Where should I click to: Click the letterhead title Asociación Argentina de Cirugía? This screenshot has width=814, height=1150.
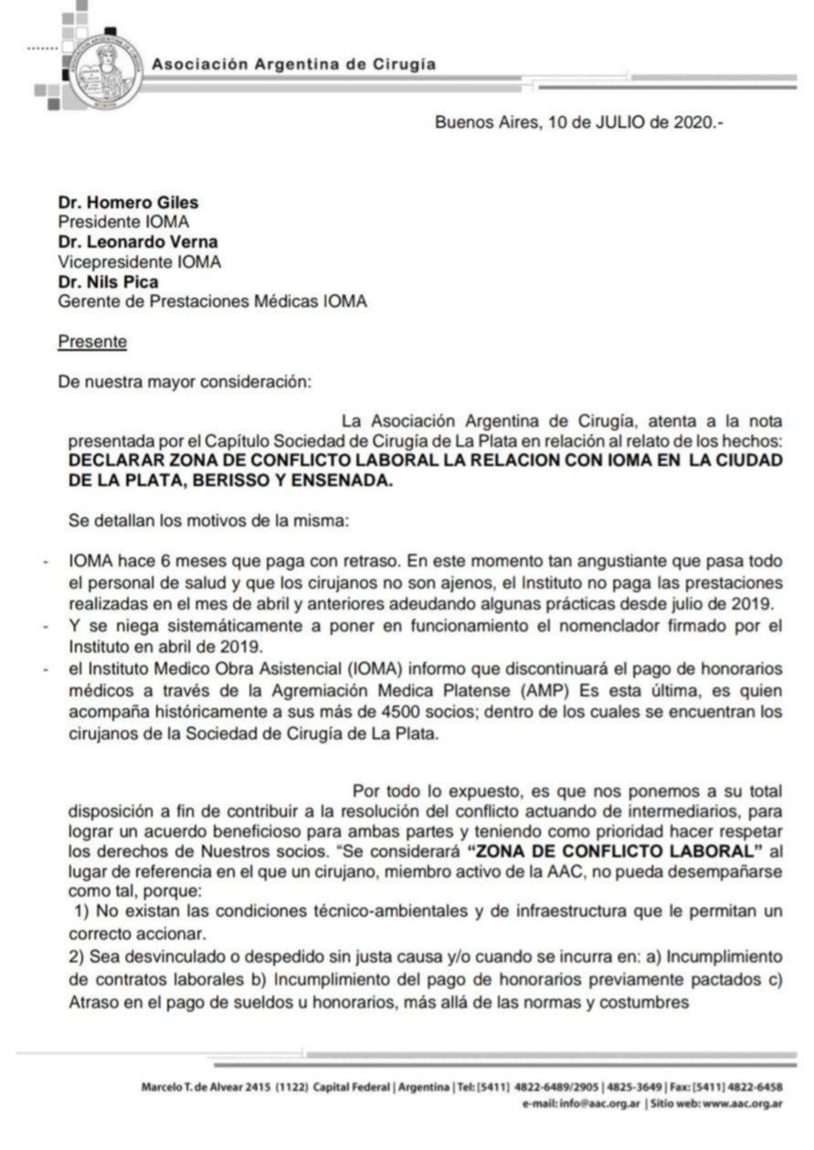pos(293,65)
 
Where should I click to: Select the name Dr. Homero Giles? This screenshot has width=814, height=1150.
pos(128,202)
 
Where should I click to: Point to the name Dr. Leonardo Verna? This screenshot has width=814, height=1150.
pos(139,241)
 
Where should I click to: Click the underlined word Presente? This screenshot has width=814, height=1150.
pos(92,342)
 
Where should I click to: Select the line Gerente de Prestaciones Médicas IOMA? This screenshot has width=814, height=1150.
pos(213,301)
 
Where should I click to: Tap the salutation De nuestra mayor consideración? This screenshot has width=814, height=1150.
pos(185,382)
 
